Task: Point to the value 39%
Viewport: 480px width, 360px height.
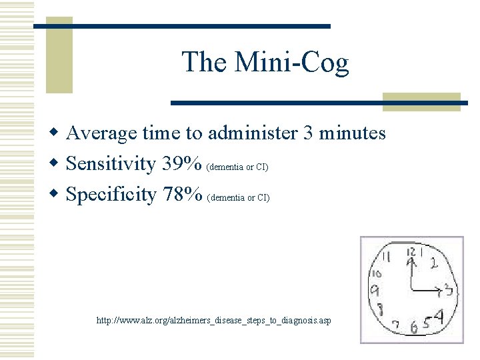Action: (183, 163)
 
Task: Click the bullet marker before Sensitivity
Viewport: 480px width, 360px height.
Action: (57, 163)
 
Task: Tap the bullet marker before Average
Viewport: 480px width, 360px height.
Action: (57, 133)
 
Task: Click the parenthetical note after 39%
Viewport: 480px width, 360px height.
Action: (238, 167)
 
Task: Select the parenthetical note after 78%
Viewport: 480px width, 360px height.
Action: (239, 197)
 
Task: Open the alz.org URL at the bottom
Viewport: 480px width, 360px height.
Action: (213, 321)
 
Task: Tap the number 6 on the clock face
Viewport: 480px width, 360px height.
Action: (415, 327)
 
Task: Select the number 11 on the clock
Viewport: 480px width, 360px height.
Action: (385, 256)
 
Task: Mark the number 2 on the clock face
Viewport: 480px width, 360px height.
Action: (434, 263)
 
